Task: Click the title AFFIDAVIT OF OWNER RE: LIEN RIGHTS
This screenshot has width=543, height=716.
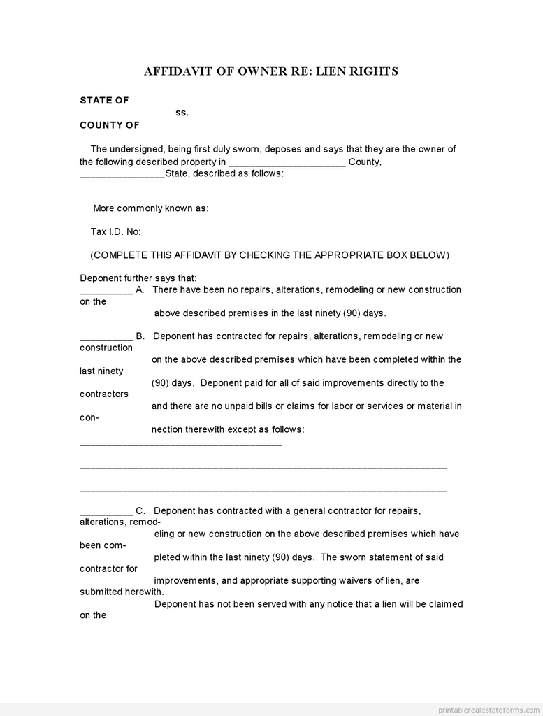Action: coord(271,71)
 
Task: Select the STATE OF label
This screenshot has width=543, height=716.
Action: coord(104,101)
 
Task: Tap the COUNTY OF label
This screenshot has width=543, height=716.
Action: coord(110,125)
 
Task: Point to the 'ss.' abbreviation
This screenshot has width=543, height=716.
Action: coord(182,113)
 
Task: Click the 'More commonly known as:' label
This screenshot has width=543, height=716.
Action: coord(151,208)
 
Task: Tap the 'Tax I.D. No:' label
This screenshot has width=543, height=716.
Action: coord(115,232)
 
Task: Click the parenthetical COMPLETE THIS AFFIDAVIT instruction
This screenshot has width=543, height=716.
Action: coord(270,255)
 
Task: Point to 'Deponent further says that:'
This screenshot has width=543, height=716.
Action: coord(138,278)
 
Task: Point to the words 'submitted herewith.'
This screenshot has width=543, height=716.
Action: coord(122,592)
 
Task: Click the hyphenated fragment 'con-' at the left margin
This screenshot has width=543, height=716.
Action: coord(89,417)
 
